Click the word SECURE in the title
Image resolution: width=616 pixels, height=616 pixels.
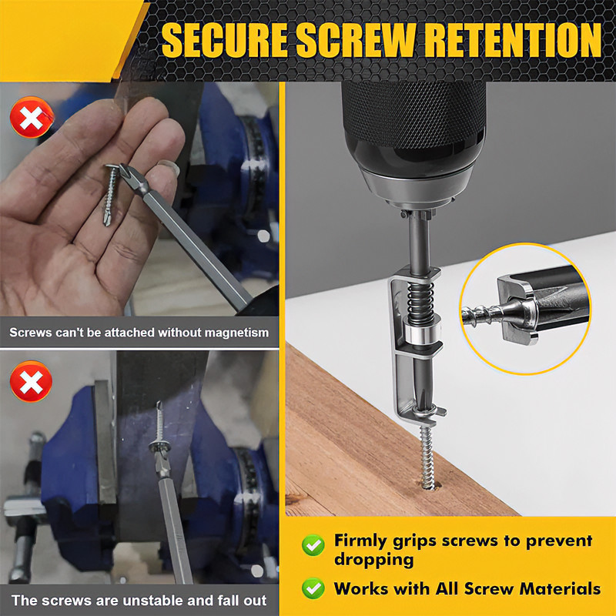tap(224, 40)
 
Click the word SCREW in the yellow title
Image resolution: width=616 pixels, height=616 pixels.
tap(356, 40)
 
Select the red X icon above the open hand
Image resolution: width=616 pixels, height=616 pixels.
tap(32, 117)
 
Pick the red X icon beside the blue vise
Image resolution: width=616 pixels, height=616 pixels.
tap(31, 381)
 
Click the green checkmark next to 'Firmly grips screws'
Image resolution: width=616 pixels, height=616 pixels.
tap(313, 545)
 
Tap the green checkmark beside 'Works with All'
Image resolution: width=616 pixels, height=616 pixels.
tap(313, 588)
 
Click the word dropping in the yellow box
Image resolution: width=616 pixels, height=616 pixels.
tap(373, 561)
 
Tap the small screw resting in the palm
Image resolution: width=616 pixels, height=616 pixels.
tap(110, 195)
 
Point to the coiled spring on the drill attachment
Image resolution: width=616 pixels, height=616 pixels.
tap(420, 303)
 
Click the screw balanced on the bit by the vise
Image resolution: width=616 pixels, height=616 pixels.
tap(159, 432)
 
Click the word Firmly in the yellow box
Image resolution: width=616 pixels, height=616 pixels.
tap(360, 541)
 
